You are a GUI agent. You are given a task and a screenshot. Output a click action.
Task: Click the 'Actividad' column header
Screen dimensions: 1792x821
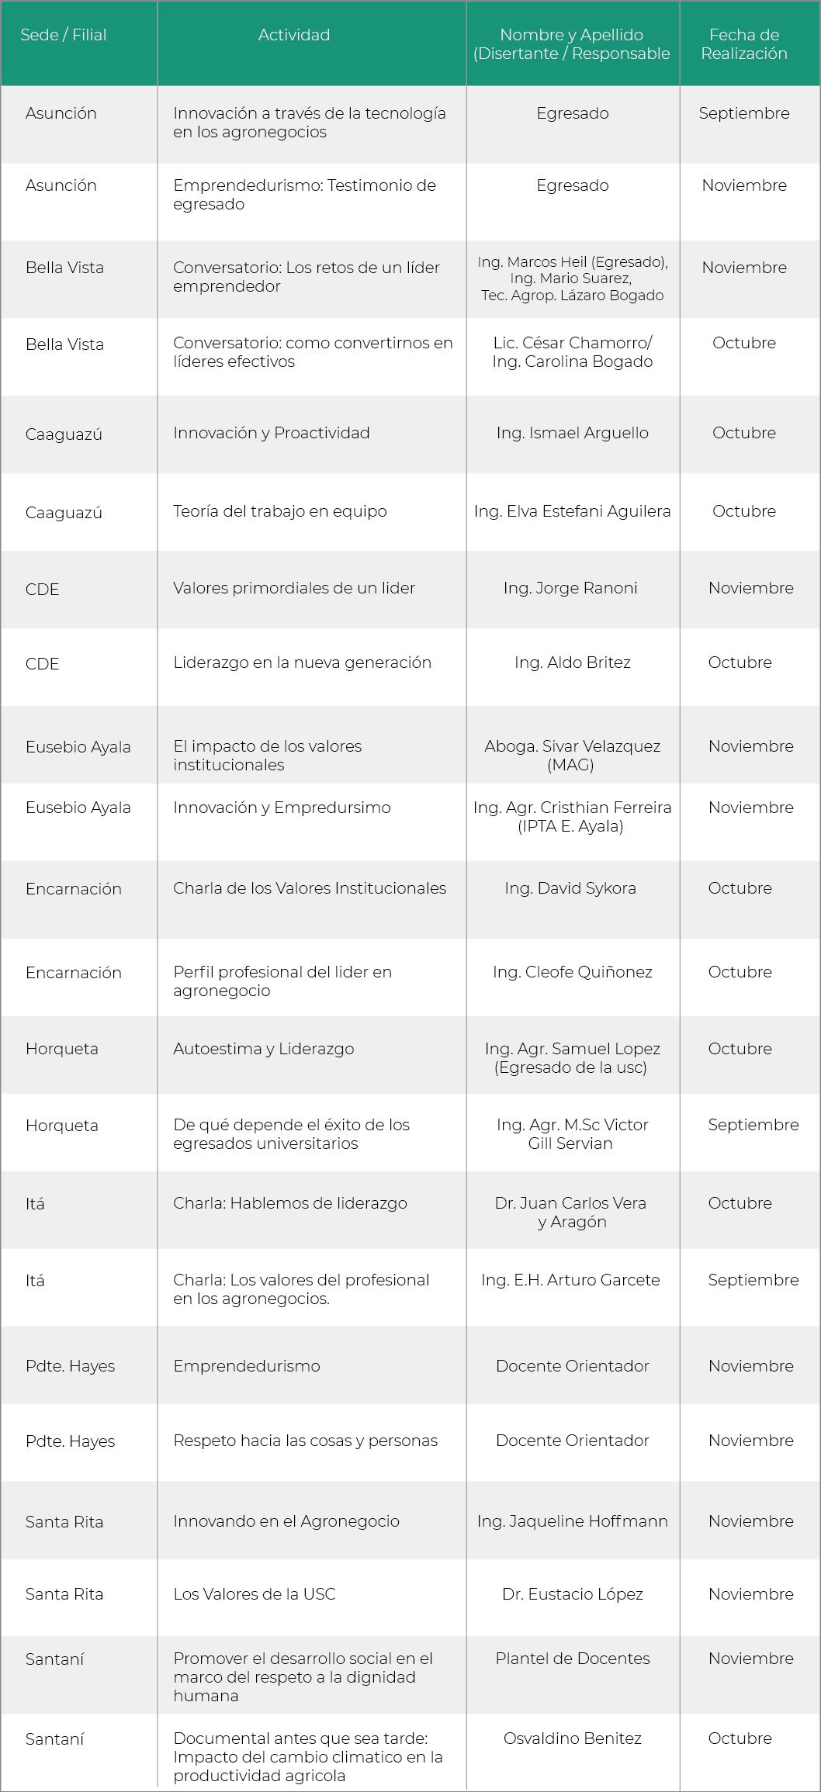(294, 35)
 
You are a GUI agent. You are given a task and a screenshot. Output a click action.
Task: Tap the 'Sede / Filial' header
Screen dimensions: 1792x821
(64, 35)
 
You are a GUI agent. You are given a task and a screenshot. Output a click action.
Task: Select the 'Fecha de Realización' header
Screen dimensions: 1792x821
(743, 44)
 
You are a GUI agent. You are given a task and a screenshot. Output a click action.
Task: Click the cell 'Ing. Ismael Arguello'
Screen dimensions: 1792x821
(572, 433)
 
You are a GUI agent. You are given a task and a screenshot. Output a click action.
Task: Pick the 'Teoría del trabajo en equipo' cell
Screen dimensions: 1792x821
(279, 511)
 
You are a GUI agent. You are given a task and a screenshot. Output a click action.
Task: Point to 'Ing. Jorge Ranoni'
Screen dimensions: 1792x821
(570, 588)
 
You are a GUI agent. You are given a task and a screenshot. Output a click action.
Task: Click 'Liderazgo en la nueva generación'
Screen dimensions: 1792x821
(302, 662)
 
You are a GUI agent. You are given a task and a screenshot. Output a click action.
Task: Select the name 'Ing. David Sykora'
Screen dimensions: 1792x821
(570, 888)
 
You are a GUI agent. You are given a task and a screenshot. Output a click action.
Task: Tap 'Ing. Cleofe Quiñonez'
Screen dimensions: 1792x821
(572, 972)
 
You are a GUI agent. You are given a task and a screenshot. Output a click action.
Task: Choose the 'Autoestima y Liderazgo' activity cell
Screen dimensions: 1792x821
(263, 1049)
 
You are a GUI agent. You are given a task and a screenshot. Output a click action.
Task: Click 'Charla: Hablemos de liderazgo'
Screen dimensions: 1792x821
(289, 1203)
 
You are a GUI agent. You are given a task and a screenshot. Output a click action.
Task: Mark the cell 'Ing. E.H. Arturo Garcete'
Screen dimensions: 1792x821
(570, 1280)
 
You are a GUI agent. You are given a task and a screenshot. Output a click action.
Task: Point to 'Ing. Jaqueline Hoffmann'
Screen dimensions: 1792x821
(572, 1521)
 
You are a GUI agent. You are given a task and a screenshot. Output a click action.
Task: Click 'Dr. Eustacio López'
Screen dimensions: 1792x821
(572, 1594)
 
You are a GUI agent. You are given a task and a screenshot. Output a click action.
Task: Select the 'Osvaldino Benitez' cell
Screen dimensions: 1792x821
(572, 1738)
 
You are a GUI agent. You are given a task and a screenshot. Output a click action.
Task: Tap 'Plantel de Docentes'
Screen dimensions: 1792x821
(572, 1659)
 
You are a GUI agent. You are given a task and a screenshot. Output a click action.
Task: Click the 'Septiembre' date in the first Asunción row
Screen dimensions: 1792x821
(743, 113)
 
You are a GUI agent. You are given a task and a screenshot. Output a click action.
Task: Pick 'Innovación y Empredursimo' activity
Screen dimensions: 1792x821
(282, 808)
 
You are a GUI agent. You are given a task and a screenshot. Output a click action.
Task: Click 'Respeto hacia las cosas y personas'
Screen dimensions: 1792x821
(305, 1441)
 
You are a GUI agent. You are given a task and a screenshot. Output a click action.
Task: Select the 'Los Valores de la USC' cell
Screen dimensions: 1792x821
(254, 1594)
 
